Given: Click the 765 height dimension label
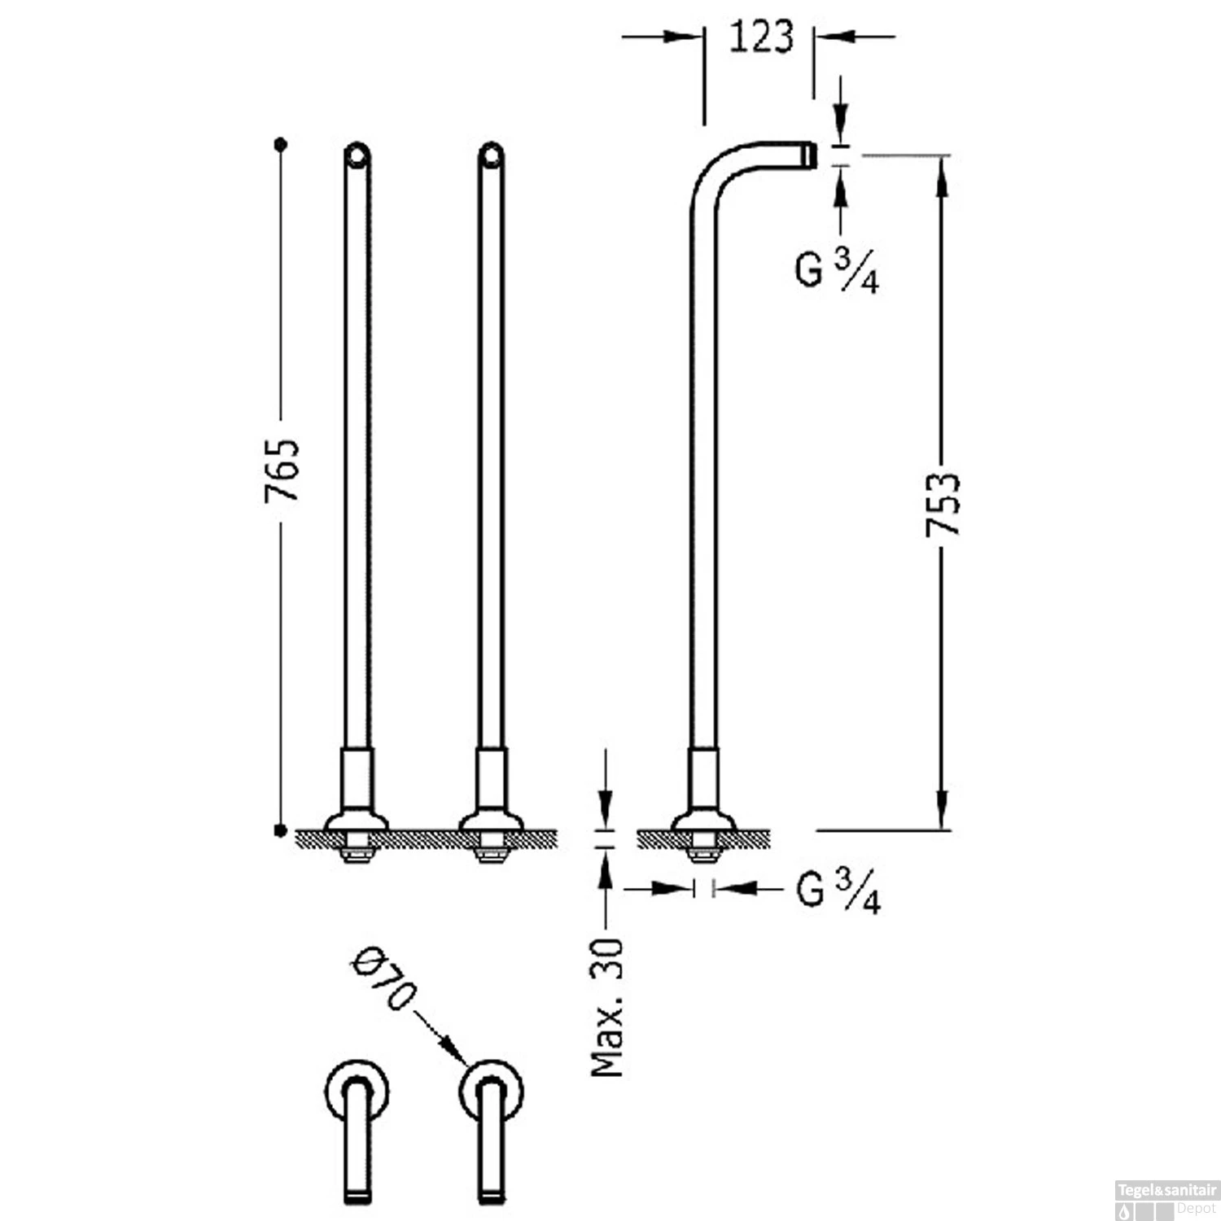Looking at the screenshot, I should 282,470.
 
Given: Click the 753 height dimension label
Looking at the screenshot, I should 943,504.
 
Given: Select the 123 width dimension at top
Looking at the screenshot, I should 760,37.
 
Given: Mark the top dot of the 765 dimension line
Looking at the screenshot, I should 282,144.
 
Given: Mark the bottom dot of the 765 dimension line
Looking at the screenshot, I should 281,830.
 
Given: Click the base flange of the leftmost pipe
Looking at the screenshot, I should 357,821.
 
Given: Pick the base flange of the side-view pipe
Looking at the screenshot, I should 703,821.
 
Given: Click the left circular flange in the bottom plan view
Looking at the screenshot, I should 356,1091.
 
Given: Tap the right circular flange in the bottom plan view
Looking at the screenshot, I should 491,1091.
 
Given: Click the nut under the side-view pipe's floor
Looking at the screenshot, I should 703,853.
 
